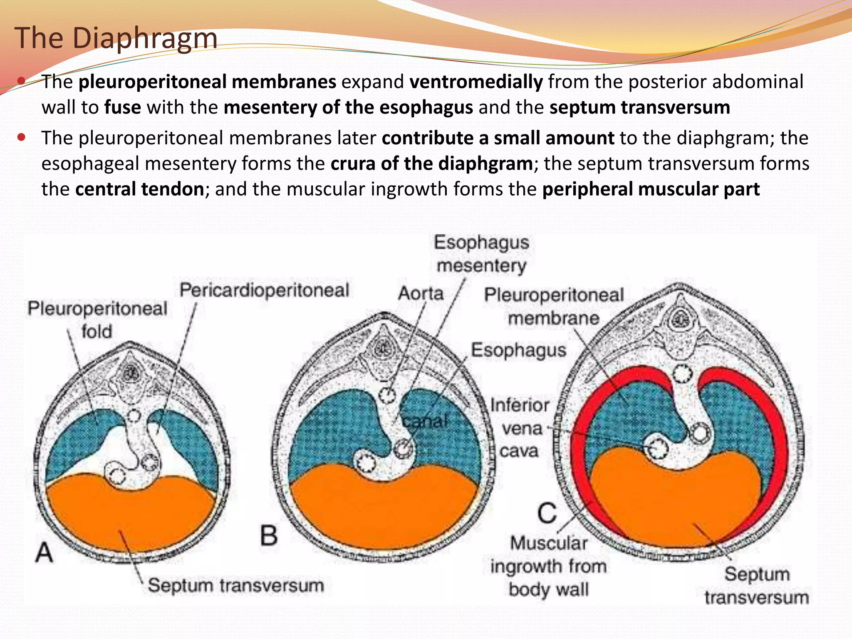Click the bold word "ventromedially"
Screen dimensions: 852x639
click(x=476, y=82)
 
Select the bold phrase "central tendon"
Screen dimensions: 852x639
click(x=139, y=189)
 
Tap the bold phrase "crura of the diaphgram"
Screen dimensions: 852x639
click(x=431, y=163)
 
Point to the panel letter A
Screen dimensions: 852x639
click(x=45, y=553)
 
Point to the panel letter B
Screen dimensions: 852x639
click(x=269, y=535)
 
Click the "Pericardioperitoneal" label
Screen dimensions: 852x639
click(x=264, y=290)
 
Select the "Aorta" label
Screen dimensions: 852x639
click(x=421, y=293)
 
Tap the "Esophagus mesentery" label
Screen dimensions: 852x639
click(x=481, y=254)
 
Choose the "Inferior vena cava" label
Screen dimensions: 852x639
click(x=520, y=428)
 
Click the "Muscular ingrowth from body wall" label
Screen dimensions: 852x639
click(x=549, y=566)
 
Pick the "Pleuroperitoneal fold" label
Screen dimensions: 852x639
click(x=97, y=320)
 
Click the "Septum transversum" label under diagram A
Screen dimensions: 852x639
click(x=236, y=585)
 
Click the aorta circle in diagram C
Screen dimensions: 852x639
click(x=681, y=374)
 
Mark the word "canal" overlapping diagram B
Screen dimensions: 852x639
click(x=425, y=421)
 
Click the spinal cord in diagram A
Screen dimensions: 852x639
click(x=132, y=372)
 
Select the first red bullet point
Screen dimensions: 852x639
click(x=22, y=80)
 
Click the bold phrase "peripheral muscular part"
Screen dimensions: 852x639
click(x=651, y=189)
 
